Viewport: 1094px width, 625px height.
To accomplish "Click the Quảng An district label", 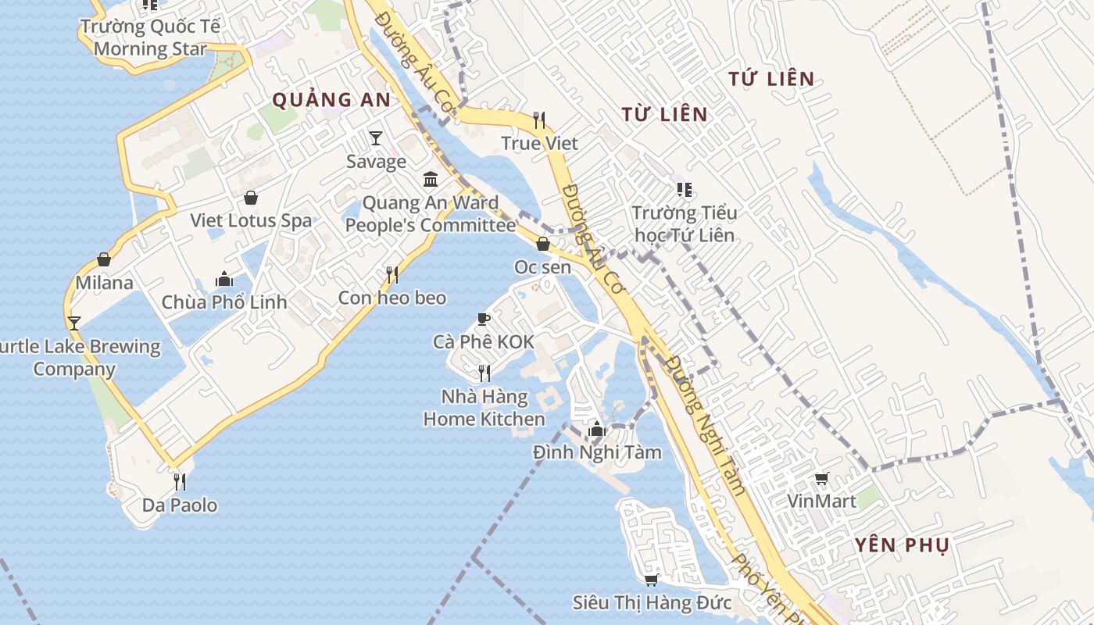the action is click(331, 100).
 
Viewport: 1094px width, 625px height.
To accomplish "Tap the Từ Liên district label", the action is click(665, 114).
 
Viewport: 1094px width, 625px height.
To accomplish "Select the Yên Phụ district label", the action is click(902, 545).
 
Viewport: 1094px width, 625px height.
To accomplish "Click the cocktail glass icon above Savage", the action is click(376, 138).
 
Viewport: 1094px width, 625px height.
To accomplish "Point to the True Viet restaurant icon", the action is click(539, 120).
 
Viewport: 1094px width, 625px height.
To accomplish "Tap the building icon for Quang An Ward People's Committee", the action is click(431, 180).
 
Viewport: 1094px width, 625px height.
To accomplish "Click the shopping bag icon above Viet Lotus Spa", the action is click(251, 198).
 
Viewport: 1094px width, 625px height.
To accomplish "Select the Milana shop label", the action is click(104, 282).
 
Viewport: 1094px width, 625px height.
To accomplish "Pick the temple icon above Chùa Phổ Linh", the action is click(224, 279).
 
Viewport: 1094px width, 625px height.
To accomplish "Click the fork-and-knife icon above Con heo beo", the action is click(392, 274).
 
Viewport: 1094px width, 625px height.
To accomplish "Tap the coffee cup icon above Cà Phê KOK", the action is click(484, 319).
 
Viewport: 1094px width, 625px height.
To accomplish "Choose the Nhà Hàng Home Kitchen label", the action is click(484, 408).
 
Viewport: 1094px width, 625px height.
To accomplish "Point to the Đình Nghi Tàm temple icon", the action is click(597, 429).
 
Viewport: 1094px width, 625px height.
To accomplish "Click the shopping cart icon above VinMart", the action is click(821, 478).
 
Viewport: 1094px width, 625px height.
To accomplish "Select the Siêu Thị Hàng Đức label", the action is click(652, 603).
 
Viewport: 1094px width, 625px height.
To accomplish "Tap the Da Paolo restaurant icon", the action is click(180, 481).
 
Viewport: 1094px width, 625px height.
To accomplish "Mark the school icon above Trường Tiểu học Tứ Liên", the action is click(685, 189).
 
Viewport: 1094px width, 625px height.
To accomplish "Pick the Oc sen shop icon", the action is click(543, 245).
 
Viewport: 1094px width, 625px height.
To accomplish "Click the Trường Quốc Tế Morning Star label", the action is click(150, 37).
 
